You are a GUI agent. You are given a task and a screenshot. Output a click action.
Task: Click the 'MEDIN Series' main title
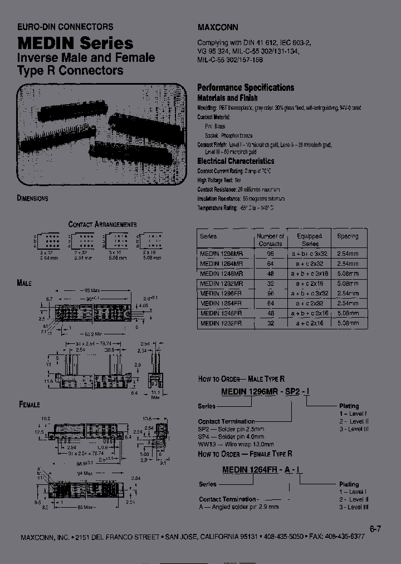[76, 43]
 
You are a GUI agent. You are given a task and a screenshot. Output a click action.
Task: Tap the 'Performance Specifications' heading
[246, 87]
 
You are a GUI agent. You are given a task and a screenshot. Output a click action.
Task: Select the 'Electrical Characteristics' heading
[236, 161]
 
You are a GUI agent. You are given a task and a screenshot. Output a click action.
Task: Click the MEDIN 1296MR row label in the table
[221, 252]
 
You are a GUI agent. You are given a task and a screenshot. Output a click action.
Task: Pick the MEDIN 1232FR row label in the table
[221, 323]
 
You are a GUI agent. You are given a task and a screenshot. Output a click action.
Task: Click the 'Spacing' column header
[348, 236]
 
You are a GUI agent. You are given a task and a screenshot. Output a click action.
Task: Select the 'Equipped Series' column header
[309, 240]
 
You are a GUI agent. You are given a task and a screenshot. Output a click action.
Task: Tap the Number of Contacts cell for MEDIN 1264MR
[271, 262]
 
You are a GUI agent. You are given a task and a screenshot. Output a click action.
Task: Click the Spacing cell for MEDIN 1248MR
[348, 273]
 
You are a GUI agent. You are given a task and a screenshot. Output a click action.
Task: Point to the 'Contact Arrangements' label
[102, 224]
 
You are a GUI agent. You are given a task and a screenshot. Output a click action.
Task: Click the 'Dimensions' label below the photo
[33, 198]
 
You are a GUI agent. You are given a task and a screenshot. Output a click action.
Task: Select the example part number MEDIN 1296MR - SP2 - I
[266, 392]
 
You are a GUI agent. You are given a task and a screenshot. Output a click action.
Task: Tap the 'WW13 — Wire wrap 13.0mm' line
[236, 444]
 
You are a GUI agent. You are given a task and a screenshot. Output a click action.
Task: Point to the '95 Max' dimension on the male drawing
[91, 291]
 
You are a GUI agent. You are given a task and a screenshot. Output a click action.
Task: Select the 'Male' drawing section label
[25, 283]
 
